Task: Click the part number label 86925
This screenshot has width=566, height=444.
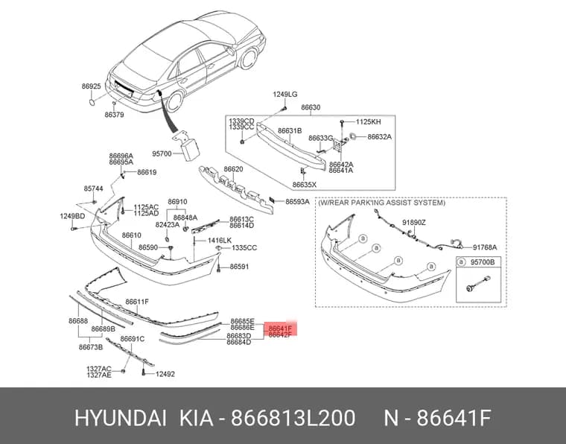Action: point(91,86)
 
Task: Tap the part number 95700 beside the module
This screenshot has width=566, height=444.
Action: point(162,153)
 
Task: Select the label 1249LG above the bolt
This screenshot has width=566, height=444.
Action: point(284,94)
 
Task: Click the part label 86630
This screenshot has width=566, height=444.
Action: point(311,107)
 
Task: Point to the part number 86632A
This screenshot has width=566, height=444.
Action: point(379,137)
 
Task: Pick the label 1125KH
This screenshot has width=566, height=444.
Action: point(368,121)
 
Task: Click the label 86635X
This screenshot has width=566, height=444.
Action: point(305,185)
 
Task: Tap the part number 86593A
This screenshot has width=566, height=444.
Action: point(297,201)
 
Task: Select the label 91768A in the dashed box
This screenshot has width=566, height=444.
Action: point(485,247)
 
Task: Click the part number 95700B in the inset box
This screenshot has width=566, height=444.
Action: point(483,262)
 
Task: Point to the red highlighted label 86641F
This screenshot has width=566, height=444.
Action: point(280,329)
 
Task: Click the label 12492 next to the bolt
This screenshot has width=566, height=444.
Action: point(165,374)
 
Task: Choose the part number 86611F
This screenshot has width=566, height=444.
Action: point(137,302)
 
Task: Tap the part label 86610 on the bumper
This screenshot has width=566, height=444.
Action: point(131,235)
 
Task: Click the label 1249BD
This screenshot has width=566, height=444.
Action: point(72,216)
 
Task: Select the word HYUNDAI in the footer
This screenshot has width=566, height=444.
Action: point(121,418)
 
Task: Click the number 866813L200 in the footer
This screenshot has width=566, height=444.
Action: point(293,418)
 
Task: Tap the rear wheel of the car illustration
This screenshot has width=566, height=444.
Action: point(175,101)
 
